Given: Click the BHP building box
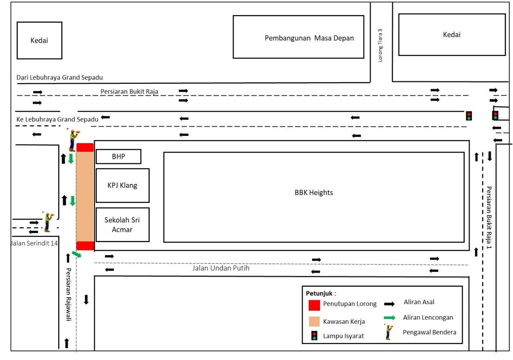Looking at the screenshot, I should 118,156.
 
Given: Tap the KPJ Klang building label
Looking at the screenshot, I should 122,185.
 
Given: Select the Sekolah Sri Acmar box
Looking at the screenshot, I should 122,225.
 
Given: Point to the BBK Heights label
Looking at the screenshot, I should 314,193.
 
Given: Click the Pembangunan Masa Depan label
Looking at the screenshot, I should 309,38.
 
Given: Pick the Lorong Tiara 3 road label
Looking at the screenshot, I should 380,45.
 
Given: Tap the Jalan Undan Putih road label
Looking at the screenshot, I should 221,268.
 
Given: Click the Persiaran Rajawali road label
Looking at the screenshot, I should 68,294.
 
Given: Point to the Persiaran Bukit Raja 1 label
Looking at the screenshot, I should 489,217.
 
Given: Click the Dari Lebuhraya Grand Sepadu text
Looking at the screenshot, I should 59,77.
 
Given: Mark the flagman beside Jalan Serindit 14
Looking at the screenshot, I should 48,222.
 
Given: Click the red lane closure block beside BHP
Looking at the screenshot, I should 85,147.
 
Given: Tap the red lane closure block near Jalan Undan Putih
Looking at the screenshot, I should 85,246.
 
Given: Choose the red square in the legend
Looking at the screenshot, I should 314,305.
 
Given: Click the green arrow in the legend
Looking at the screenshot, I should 389,318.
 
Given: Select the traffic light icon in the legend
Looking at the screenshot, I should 314,335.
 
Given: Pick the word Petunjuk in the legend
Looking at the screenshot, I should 319,294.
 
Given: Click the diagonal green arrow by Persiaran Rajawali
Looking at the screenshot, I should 76,255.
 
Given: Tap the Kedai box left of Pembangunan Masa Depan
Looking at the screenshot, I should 39,40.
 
